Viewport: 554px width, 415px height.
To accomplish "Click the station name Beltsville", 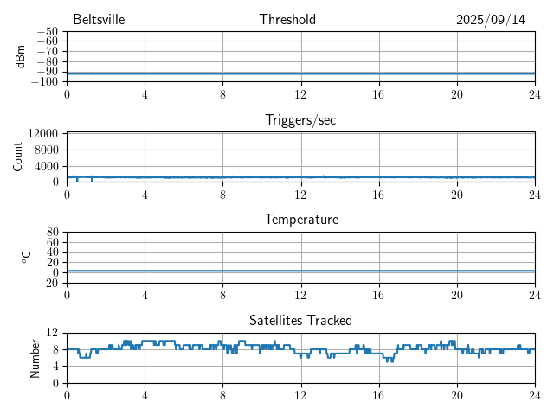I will [x=93, y=20].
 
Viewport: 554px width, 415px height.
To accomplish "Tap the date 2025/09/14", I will [x=491, y=20].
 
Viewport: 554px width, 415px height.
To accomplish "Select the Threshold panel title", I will [x=287, y=20].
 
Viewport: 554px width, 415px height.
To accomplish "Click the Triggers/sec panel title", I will [x=300, y=120].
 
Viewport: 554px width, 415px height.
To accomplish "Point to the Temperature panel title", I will [x=300, y=220].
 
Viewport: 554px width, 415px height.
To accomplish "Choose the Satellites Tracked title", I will [x=300, y=320].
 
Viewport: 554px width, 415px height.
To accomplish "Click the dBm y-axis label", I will [x=21, y=56].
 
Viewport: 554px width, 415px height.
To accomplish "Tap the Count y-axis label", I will [x=18, y=156].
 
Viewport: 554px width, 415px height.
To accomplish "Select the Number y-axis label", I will [x=35, y=357].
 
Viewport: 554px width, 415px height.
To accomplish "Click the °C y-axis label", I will [x=26, y=257].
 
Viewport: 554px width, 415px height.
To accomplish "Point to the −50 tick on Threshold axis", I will [x=48, y=32].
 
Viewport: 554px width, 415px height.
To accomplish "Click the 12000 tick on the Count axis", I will [x=42, y=133].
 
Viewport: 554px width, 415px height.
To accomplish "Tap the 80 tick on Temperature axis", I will [x=53, y=233].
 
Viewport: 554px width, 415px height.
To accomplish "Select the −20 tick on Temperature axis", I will [x=48, y=283].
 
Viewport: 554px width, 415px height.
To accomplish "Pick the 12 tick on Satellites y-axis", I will [x=53, y=333].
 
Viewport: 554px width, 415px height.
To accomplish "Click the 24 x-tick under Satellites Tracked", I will [x=534, y=394].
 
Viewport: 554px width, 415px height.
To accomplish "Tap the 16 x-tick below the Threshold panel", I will [x=378, y=93].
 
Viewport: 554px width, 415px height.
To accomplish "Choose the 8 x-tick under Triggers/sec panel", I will [x=222, y=194].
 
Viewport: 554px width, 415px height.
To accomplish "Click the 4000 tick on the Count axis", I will [x=46, y=165].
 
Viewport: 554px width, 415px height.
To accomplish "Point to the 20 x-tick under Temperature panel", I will [x=456, y=294].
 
